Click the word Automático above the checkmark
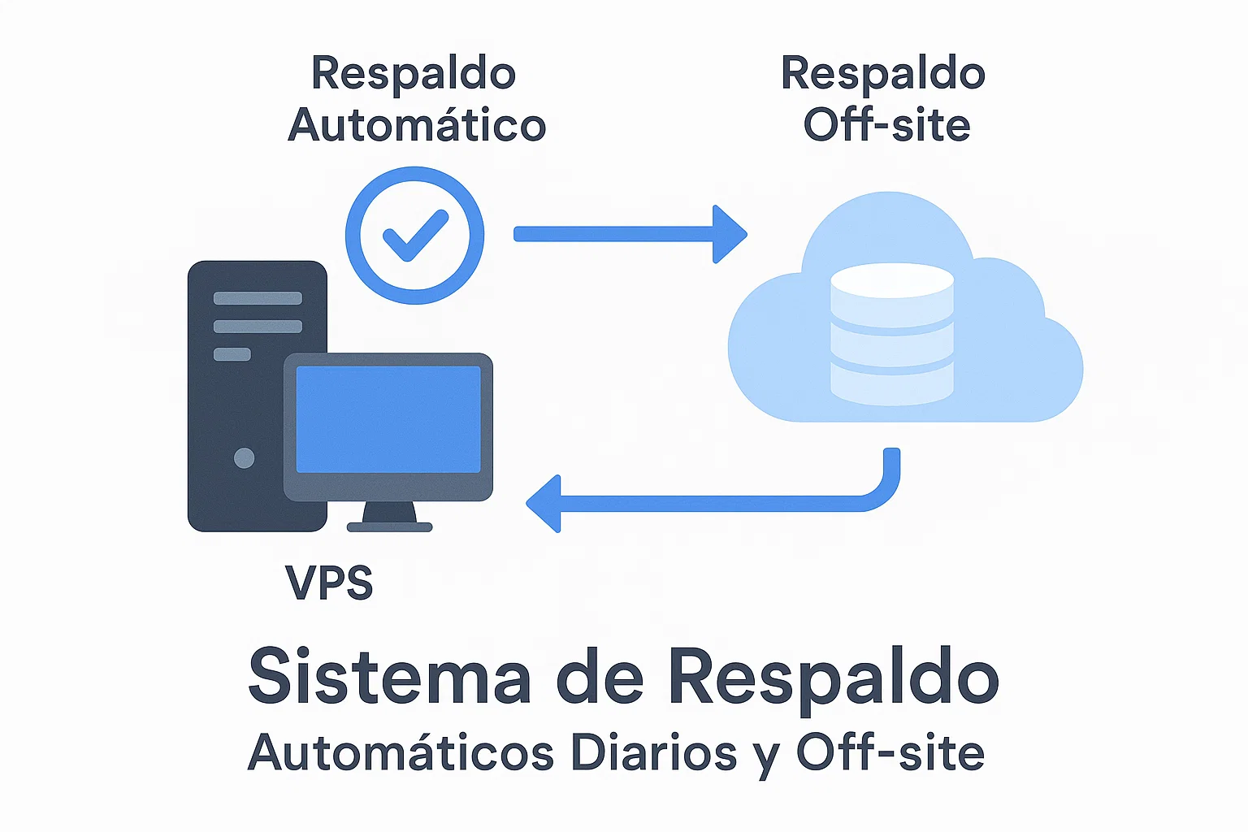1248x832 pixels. click(417, 125)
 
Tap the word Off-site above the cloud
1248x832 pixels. click(886, 125)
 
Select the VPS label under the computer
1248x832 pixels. click(329, 583)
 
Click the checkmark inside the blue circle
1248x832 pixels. click(415, 236)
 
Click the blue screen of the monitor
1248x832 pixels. click(388, 419)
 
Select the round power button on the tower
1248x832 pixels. click(244, 457)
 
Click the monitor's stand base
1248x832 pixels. click(389, 526)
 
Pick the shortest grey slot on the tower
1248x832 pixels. click(232, 354)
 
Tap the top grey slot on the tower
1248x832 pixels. click(258, 298)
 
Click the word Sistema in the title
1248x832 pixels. click(389, 677)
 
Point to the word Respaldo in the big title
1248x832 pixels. click(834, 677)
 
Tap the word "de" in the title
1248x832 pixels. click(600, 677)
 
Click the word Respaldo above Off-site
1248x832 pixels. click(883, 73)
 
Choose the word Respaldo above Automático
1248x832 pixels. click(414, 73)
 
